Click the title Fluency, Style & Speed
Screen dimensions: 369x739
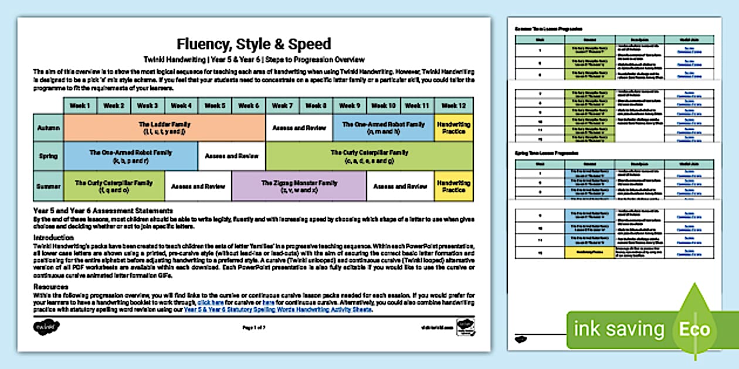[x=253, y=44]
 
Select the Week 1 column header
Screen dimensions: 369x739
[x=80, y=106]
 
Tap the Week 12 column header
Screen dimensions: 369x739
[x=453, y=106]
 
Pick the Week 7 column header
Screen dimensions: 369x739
[x=282, y=106]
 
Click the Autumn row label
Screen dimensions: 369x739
[x=48, y=128]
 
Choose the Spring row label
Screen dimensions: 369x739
[x=48, y=156]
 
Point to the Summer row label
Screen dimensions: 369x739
[x=48, y=186]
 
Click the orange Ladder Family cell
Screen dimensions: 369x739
[x=164, y=128]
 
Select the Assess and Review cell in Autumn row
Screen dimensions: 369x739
[x=299, y=128]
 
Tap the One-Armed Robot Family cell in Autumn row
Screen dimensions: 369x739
[x=383, y=128]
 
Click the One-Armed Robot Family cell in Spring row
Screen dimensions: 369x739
[x=130, y=156]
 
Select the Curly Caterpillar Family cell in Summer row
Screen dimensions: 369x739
[x=114, y=186]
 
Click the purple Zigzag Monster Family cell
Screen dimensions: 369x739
[x=299, y=186]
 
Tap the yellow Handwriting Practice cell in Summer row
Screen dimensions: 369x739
[x=453, y=186]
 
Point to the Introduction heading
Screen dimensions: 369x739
[x=53, y=237]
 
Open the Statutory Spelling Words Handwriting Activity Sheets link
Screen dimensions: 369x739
[x=278, y=309]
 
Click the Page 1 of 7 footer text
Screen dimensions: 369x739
[x=254, y=327]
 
